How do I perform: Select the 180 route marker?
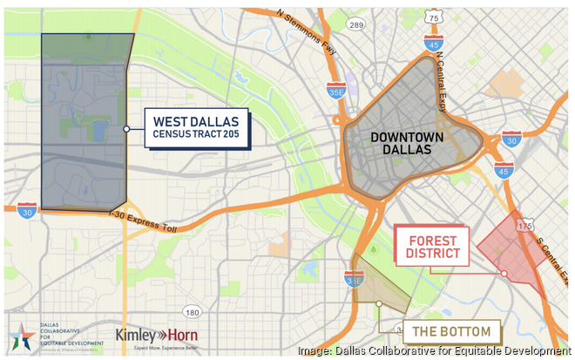pyautogui.click(x=192, y=312)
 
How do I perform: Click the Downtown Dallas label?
pyautogui.click(x=407, y=145)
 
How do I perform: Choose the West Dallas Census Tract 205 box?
pyautogui.click(x=196, y=128)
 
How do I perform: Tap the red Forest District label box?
pyautogui.click(x=432, y=245)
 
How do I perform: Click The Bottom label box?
pyautogui.click(x=451, y=331)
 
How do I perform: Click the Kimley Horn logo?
pyautogui.click(x=157, y=336)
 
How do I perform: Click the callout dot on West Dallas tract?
pyautogui.click(x=127, y=129)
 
